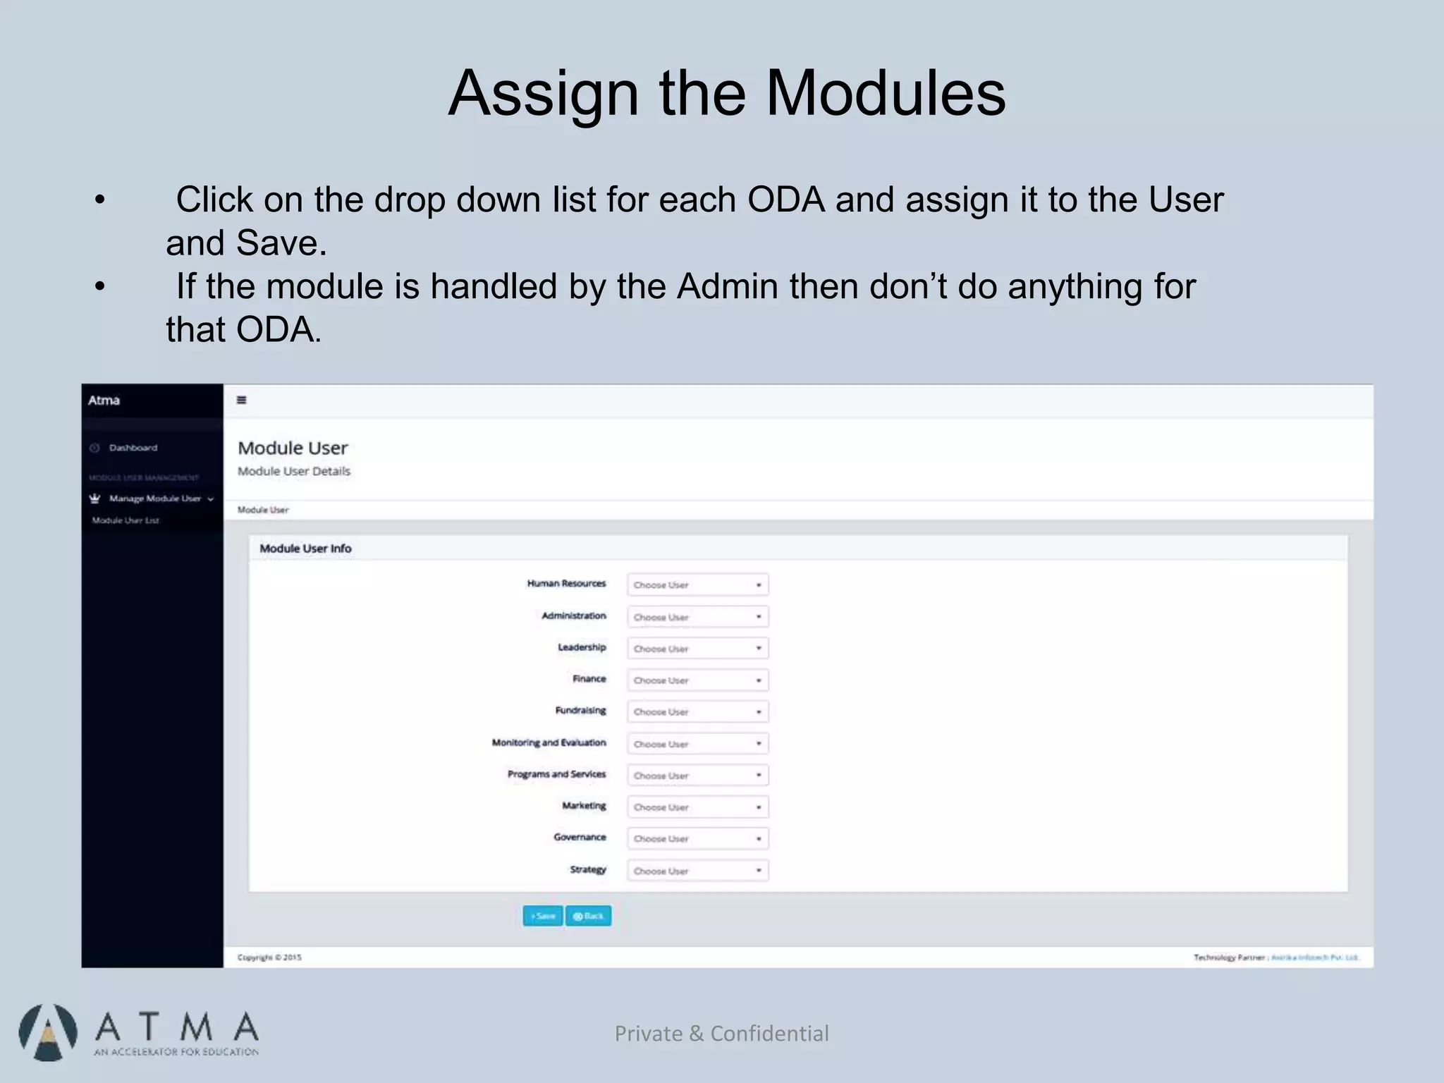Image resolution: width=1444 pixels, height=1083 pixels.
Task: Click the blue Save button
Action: coord(542,916)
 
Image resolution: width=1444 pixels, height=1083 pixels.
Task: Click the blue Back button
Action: coord(588,916)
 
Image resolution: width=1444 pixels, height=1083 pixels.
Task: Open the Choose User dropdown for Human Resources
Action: coord(697,585)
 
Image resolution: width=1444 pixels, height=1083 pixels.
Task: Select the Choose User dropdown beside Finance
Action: coord(697,680)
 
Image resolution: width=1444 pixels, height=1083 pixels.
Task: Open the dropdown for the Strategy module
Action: coord(697,871)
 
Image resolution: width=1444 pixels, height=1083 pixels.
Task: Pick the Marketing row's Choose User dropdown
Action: coord(697,807)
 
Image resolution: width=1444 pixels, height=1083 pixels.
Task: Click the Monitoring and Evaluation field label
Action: coord(549,742)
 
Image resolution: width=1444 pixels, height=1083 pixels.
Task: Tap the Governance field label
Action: coord(580,837)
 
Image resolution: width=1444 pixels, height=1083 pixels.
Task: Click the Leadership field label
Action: coord(582,647)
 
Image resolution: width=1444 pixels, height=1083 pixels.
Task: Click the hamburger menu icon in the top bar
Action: coord(241,400)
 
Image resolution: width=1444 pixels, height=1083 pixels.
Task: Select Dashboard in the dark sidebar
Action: coord(133,448)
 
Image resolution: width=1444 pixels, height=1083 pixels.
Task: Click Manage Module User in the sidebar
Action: coord(155,498)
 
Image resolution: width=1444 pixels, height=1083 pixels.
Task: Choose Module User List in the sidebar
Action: coord(126,520)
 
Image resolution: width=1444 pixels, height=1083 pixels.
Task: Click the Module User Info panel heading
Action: coord(305,549)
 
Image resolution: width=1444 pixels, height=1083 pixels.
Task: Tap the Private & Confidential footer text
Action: coord(721,1033)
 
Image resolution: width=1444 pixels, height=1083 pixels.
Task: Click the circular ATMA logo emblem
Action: coord(47,1032)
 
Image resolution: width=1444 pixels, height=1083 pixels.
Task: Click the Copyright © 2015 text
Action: coord(269,957)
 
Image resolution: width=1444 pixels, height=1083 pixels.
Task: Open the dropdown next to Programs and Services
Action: coord(697,776)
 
